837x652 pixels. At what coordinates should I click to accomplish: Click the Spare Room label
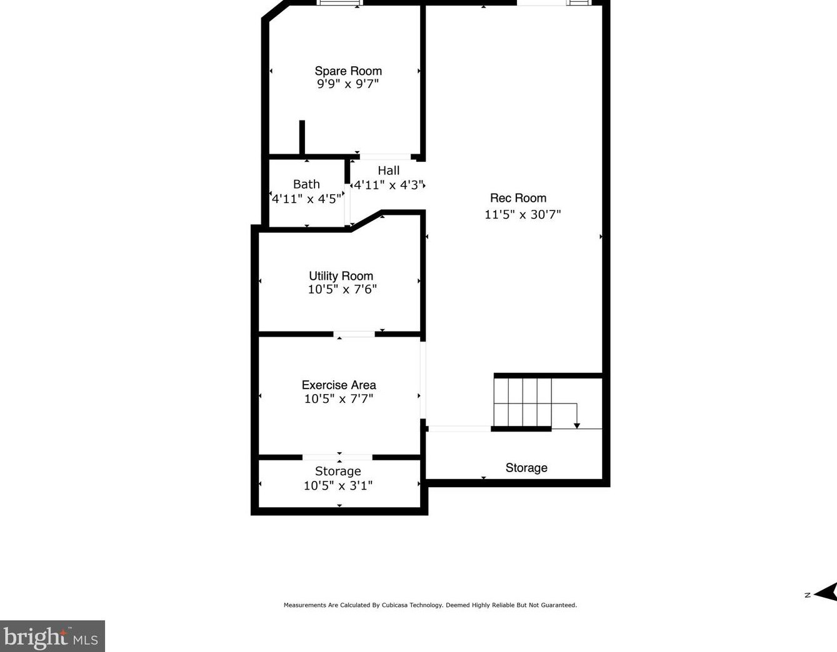tap(348, 71)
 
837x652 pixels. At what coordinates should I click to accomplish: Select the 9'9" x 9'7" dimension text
tap(348, 84)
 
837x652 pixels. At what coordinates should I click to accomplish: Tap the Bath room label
tap(306, 184)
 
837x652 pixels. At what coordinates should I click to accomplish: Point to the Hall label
tap(388, 170)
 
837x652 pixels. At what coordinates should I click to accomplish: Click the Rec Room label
tap(518, 198)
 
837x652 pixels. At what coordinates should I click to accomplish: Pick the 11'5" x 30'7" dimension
tap(523, 214)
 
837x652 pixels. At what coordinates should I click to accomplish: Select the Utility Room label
tap(341, 276)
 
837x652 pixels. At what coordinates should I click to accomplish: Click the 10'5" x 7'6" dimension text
tap(342, 289)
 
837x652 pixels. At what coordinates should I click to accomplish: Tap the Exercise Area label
tap(339, 385)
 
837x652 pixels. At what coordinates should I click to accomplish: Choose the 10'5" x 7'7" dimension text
tap(338, 398)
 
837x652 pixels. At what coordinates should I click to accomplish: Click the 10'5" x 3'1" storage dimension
tap(338, 485)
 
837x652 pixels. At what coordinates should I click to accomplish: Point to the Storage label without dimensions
tap(526, 468)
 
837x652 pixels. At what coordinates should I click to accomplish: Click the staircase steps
tap(523, 402)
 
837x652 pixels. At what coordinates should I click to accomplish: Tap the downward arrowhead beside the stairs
tap(577, 425)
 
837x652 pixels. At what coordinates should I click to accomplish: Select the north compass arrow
tap(826, 593)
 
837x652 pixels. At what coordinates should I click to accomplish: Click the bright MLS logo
tap(52, 637)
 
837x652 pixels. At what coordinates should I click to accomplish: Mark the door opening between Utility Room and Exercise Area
tap(354, 334)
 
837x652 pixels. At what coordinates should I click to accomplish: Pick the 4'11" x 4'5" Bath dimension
tap(306, 199)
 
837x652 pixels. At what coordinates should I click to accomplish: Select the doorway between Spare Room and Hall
tap(385, 157)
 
